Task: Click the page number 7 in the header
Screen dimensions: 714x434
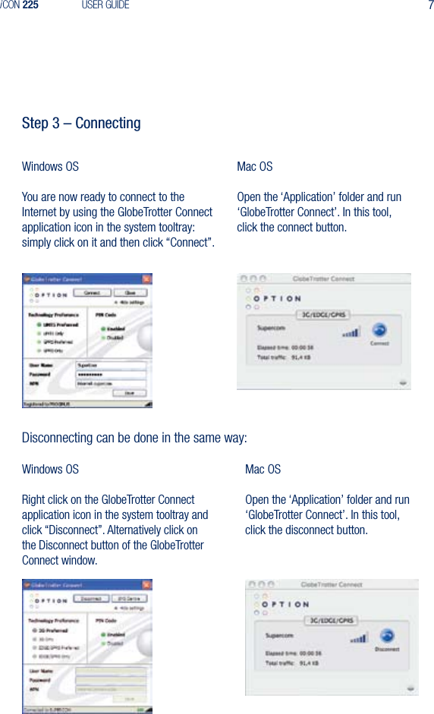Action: tap(429, 5)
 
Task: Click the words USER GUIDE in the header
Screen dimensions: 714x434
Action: tap(105, 5)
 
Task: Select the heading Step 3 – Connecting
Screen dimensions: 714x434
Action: tap(81, 123)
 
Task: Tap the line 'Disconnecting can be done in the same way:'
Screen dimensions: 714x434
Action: tap(134, 439)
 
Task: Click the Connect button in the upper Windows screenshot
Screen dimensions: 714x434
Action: tap(91, 293)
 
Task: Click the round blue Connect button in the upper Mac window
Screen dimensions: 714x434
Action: tap(379, 330)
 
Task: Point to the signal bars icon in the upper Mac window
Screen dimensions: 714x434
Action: tap(351, 332)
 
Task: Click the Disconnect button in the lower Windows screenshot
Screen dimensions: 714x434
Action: tap(91, 599)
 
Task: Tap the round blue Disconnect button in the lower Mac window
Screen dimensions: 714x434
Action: tap(388, 636)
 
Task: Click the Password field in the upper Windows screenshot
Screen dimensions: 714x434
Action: tap(111, 374)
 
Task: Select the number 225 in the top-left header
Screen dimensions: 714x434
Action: tap(30, 5)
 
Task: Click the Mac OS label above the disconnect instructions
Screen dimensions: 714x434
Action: tap(263, 469)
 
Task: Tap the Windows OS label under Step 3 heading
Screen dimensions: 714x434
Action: tap(50, 166)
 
